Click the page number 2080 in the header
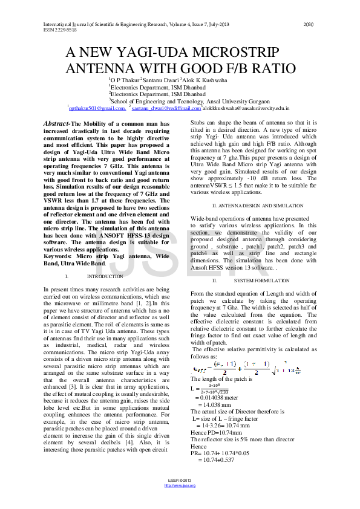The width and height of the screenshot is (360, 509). [x=308, y=25]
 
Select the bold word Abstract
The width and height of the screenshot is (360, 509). [x=57, y=124]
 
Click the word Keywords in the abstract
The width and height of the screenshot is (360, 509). [x=59, y=256]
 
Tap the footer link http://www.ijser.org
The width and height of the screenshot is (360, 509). [x=180, y=485]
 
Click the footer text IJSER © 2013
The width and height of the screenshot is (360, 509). [x=180, y=481]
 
